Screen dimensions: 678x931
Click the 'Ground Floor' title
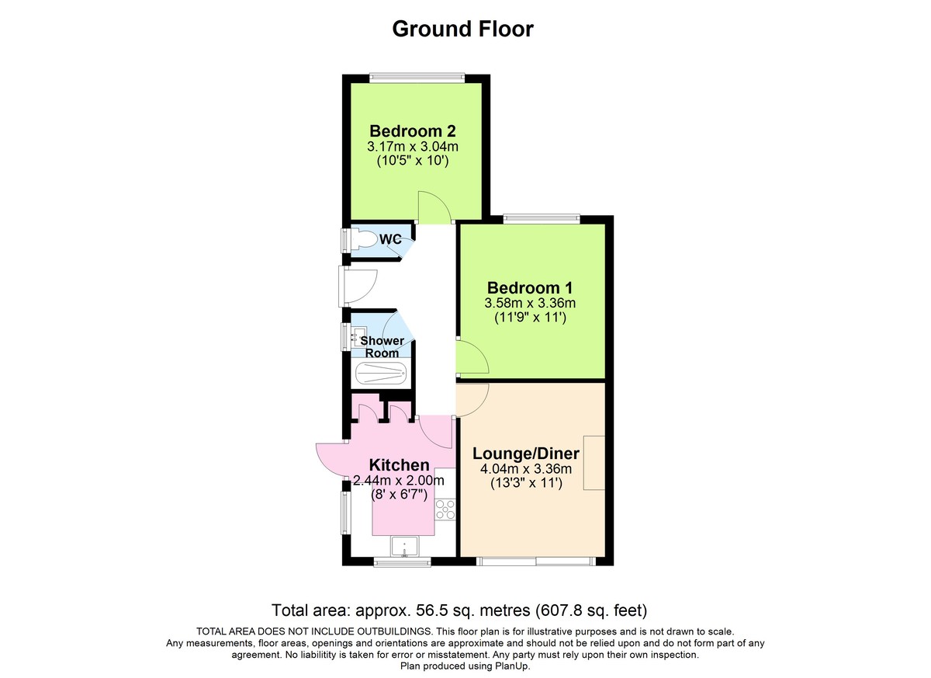pos(462,29)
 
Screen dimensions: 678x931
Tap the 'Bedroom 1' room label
pos(531,287)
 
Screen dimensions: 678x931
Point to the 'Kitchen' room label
pos(399,464)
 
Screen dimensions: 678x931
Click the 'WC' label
pos(390,239)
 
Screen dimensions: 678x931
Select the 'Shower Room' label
pos(381,347)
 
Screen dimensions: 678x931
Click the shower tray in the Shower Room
pos(380,374)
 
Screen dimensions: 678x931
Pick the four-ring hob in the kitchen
pos(445,509)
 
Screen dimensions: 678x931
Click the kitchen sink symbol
pos(404,548)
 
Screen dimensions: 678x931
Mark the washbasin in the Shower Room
pos(358,337)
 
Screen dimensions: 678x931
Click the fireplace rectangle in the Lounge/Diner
pos(594,463)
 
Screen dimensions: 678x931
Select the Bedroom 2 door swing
pos(433,206)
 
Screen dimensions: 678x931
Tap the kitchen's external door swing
pos(332,458)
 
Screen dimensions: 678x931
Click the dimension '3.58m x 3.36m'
pos(531,303)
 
